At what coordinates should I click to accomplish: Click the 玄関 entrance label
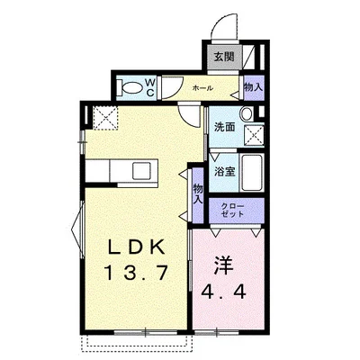(x=224, y=57)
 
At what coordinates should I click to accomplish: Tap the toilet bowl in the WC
(x=132, y=88)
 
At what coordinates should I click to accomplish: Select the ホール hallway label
(x=202, y=88)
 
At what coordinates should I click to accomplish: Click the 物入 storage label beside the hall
(x=254, y=87)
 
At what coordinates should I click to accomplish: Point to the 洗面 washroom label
(x=224, y=127)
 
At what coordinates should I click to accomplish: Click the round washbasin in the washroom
(x=247, y=114)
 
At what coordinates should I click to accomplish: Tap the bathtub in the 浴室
(x=252, y=173)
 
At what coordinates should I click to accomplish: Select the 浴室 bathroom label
(x=224, y=172)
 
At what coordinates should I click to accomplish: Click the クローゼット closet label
(x=233, y=211)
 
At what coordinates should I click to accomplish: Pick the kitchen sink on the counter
(x=141, y=170)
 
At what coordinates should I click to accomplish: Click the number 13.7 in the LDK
(x=135, y=273)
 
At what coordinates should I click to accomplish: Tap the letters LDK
(x=136, y=247)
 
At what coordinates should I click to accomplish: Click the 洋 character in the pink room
(x=223, y=265)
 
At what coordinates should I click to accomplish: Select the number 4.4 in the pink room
(x=224, y=291)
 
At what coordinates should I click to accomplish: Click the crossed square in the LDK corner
(x=105, y=118)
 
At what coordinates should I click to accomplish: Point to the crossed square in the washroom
(x=254, y=136)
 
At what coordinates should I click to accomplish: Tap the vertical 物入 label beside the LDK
(x=198, y=195)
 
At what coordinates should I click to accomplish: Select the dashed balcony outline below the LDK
(x=137, y=343)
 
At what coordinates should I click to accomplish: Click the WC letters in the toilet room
(x=150, y=87)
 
